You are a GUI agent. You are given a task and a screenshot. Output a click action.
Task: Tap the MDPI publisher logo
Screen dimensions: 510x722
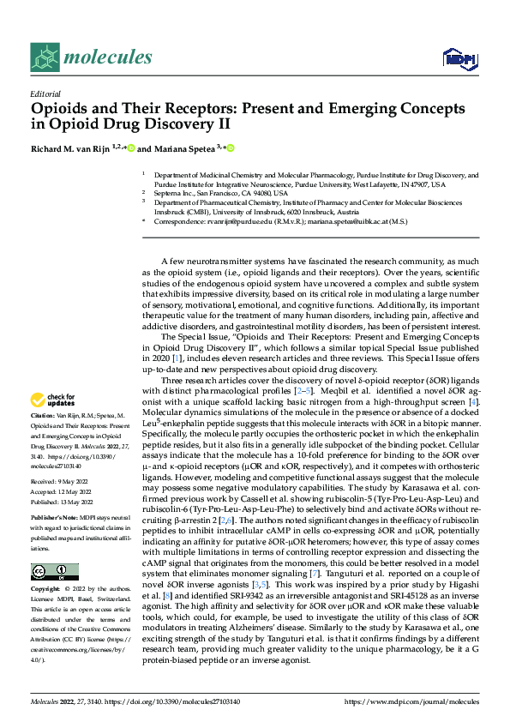(459, 58)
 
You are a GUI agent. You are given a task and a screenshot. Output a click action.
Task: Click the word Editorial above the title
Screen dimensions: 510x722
(45, 94)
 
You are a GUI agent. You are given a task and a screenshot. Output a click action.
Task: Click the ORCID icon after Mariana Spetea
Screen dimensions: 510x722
(230, 147)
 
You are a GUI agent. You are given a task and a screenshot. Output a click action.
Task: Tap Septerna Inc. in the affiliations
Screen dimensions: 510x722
(175, 193)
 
